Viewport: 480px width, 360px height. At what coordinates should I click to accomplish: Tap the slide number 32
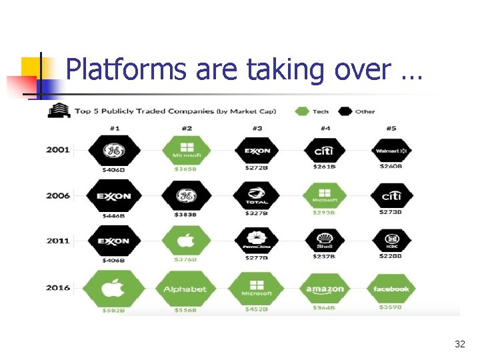click(459, 344)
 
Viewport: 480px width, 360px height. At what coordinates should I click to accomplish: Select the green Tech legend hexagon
click(303, 111)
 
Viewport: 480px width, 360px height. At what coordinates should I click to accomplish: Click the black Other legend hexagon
click(345, 111)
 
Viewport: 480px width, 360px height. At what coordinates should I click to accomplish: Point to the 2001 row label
click(58, 150)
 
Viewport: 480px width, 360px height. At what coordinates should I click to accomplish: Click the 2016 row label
click(58, 288)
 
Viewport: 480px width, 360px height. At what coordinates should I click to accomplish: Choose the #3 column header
click(257, 129)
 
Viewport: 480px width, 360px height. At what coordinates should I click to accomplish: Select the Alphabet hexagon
click(185, 289)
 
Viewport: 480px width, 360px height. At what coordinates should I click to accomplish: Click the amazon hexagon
click(325, 289)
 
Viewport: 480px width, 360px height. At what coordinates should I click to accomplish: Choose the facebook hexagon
click(391, 289)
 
